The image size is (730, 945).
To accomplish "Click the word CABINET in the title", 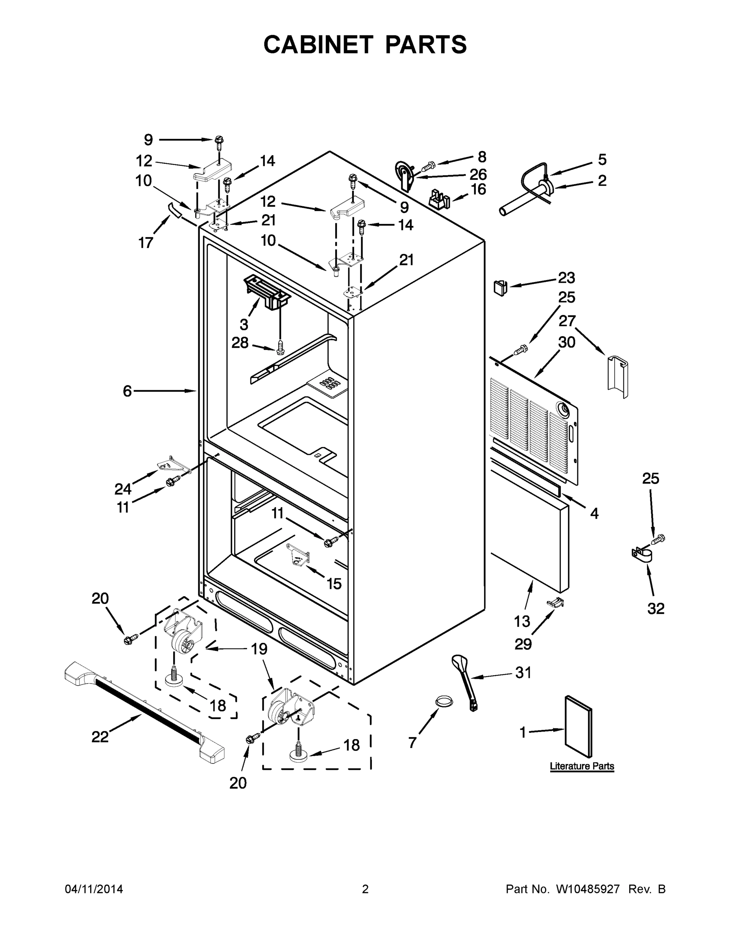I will click(318, 44).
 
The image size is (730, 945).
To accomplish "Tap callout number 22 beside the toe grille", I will click(100, 737).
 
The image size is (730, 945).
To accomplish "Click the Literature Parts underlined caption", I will click(582, 766).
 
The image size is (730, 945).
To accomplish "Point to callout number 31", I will click(523, 673).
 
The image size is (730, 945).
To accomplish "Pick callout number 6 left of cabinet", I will click(127, 391).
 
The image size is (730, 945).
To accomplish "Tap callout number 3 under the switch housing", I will click(244, 324).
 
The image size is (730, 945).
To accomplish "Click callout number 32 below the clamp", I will click(656, 608).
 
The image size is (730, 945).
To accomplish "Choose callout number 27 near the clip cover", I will click(567, 321).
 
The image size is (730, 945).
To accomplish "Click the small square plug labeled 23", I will click(499, 287).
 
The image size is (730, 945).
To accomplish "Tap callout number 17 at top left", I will click(146, 243).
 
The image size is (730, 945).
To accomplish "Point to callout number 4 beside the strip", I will click(594, 513).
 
